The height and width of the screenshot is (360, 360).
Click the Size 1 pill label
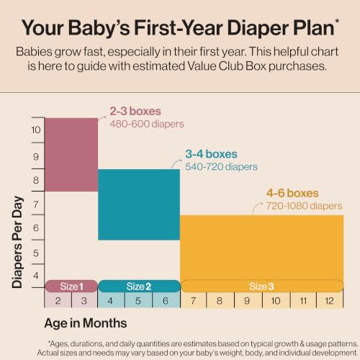click(71, 286)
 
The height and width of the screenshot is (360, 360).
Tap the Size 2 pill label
click(139, 286)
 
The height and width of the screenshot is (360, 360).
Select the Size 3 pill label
click(262, 286)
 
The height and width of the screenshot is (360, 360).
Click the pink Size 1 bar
click(71, 155)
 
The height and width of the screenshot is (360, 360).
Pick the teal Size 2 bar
click(139, 204)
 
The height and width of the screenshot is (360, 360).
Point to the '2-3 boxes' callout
click(135, 111)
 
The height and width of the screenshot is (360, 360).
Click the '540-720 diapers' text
click(221, 166)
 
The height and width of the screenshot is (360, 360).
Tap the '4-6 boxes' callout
click(292, 193)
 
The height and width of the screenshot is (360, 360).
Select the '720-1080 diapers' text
click(304, 206)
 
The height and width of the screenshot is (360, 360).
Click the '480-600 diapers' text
click(147, 124)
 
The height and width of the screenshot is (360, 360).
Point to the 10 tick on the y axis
click(36, 130)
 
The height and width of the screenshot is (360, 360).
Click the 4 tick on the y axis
click(36, 276)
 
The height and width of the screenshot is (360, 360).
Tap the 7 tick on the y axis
click(36, 204)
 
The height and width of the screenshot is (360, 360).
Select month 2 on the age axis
click(58, 301)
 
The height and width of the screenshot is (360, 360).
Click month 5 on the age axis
click(138, 301)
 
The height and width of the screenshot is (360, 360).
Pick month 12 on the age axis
click(329, 301)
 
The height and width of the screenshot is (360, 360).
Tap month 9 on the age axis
click(247, 301)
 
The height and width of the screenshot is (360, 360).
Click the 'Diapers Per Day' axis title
click(17, 242)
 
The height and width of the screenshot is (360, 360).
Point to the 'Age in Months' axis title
click(86, 323)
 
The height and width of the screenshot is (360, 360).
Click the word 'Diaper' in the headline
click(258, 28)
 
